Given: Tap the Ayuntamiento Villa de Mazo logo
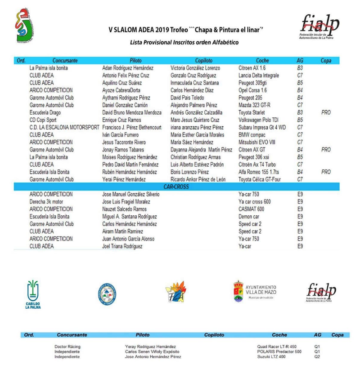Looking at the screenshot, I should [255, 291].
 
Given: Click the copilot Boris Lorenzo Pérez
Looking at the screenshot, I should [190, 172].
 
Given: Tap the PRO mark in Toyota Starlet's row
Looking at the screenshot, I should [326, 112].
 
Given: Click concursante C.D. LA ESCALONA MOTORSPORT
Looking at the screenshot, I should [64, 127].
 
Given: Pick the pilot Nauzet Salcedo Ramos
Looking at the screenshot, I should [125, 209].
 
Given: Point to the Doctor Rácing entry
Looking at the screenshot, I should [67, 346].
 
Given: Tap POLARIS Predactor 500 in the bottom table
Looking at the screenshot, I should [279, 351].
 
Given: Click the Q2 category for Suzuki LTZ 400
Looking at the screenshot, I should [317, 356].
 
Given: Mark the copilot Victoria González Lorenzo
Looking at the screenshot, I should [196, 68].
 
